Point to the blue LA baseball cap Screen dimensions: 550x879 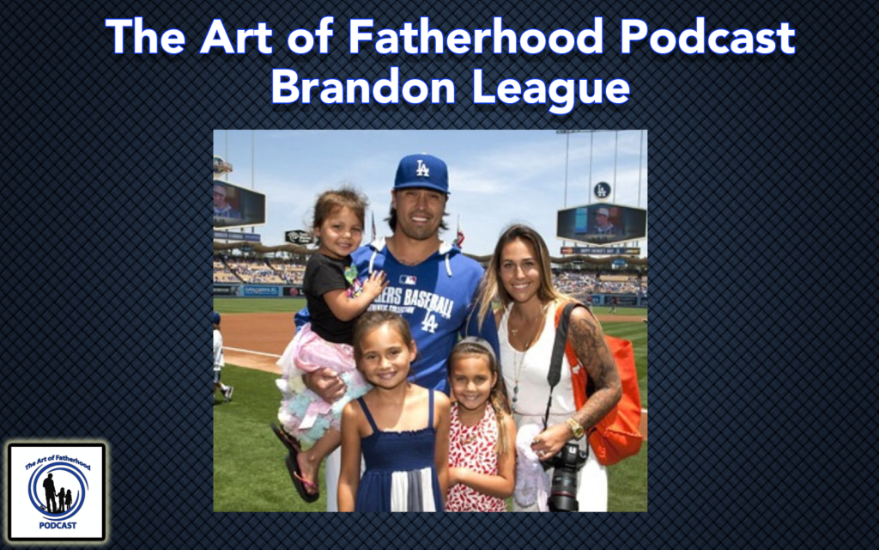(421, 173)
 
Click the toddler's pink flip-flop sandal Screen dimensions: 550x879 (302, 476)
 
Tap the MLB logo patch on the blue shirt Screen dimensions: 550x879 (407, 279)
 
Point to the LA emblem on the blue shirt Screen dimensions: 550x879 (428, 321)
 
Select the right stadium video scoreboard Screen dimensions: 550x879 (601, 223)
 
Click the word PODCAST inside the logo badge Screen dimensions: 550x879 (57, 525)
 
